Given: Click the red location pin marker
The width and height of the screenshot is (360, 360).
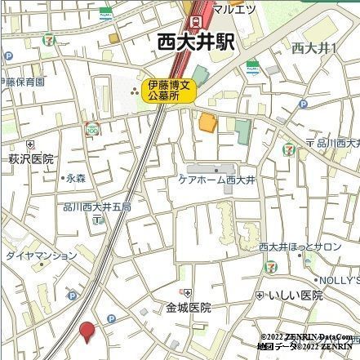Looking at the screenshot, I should (87, 331).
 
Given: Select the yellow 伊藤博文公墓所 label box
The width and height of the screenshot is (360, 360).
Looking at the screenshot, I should (170, 90).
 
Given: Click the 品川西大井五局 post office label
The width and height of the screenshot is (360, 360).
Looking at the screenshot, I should (97, 207).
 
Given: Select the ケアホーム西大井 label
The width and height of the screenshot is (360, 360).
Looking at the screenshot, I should (217, 179).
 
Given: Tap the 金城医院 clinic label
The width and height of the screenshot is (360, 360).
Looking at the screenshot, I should (189, 308).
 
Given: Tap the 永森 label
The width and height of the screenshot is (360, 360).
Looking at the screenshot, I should (76, 177).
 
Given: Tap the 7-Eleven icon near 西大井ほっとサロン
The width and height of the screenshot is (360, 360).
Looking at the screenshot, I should (270, 266).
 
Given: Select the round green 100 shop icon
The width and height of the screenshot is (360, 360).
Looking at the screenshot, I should (92, 130).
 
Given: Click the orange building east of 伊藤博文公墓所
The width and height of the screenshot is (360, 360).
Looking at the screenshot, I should (208, 123).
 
